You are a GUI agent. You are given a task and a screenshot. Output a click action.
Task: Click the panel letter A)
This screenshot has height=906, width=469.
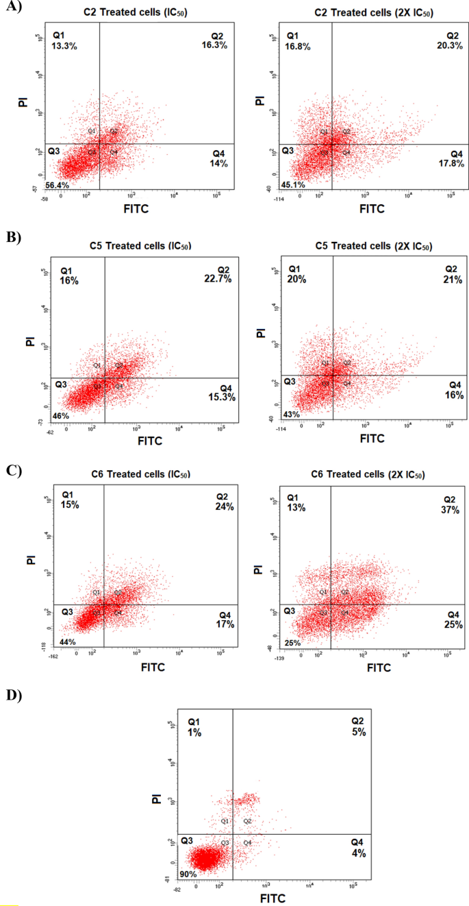coord(12,8)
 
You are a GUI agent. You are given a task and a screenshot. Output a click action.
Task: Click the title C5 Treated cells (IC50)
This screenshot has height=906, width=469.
coord(140,246)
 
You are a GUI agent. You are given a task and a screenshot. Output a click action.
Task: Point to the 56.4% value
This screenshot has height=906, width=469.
coord(58,186)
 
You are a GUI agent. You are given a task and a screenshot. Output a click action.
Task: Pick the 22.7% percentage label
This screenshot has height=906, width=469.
coord(219,279)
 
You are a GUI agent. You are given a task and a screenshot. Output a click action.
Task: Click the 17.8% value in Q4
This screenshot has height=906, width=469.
coord(451,164)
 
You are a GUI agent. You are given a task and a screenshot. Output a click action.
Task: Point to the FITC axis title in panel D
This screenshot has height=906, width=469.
coord(272,898)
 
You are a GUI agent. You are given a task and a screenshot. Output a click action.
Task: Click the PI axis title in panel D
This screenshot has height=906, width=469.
coord(156,798)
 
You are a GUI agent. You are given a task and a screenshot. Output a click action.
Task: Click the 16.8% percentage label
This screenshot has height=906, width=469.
coord(299,47)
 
